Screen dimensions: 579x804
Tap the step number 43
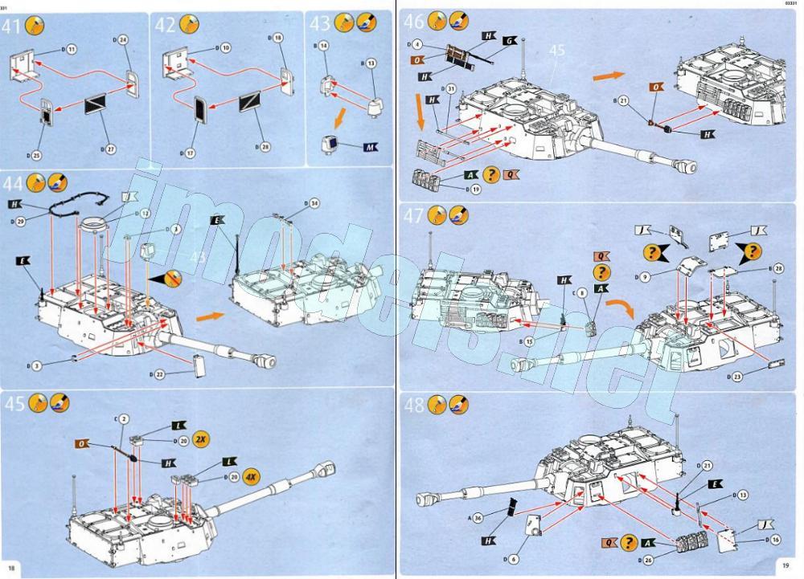coord(320,25)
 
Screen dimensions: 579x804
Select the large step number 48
coord(414,406)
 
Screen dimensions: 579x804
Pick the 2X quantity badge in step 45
coord(200,440)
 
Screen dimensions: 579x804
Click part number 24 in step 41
coord(123,39)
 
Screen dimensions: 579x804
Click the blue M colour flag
coord(370,147)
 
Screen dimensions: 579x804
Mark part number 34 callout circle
coord(313,202)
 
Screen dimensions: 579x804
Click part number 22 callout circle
coord(158,375)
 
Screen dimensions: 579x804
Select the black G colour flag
coord(510,40)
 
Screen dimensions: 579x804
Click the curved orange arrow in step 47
coord(618,308)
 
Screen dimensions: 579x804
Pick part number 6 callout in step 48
coord(515,558)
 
